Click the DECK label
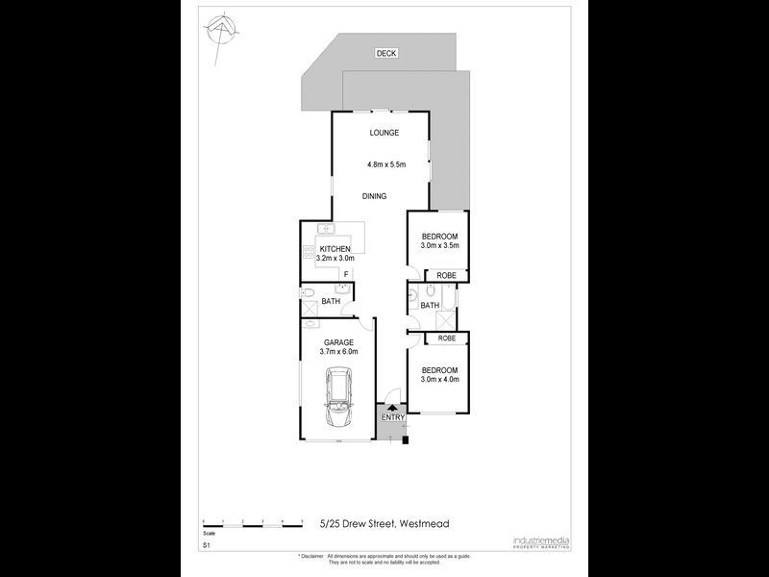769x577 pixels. click(x=386, y=54)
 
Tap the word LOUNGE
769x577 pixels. click(x=384, y=133)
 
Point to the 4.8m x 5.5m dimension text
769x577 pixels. click(x=386, y=164)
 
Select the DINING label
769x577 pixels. click(x=374, y=196)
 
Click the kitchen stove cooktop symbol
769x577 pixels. click(x=310, y=252)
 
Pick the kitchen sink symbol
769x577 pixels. click(x=327, y=229)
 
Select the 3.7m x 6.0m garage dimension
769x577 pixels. click(x=338, y=352)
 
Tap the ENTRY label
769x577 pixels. click(x=392, y=417)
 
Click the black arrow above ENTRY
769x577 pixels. click(x=392, y=408)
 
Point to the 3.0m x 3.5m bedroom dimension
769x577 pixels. click(x=439, y=246)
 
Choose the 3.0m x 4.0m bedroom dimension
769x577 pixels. click(x=439, y=380)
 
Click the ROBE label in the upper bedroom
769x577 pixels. click(x=446, y=275)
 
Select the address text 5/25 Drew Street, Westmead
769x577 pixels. click(x=384, y=524)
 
